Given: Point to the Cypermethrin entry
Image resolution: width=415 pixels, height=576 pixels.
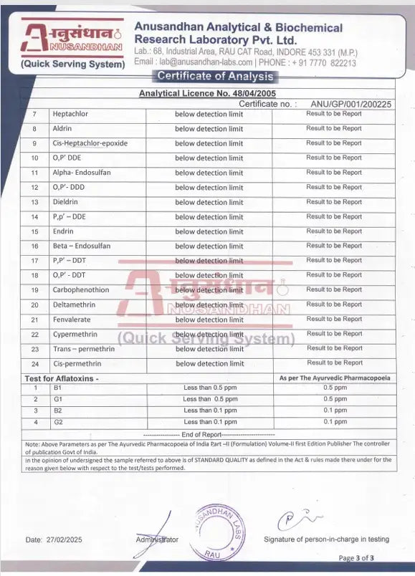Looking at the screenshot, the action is click(x=74, y=334).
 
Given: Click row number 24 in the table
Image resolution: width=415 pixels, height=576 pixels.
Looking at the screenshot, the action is click(x=34, y=364).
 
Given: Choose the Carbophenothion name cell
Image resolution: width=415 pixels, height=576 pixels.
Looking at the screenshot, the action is click(x=80, y=290).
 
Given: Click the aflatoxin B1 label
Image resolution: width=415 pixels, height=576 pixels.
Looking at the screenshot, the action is click(x=58, y=388).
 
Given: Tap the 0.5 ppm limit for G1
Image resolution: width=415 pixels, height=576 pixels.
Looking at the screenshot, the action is click(x=335, y=399).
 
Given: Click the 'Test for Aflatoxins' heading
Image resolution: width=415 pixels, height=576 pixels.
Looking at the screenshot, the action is click(x=62, y=377).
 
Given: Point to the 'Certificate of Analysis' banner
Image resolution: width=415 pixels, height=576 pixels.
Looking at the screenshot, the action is click(x=215, y=76).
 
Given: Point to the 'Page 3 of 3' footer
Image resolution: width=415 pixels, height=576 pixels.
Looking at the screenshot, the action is click(x=356, y=557).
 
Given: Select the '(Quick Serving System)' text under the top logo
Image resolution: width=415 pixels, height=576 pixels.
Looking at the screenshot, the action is click(x=73, y=64).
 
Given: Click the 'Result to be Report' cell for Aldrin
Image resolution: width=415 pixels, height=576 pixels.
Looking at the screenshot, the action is click(x=334, y=128).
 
